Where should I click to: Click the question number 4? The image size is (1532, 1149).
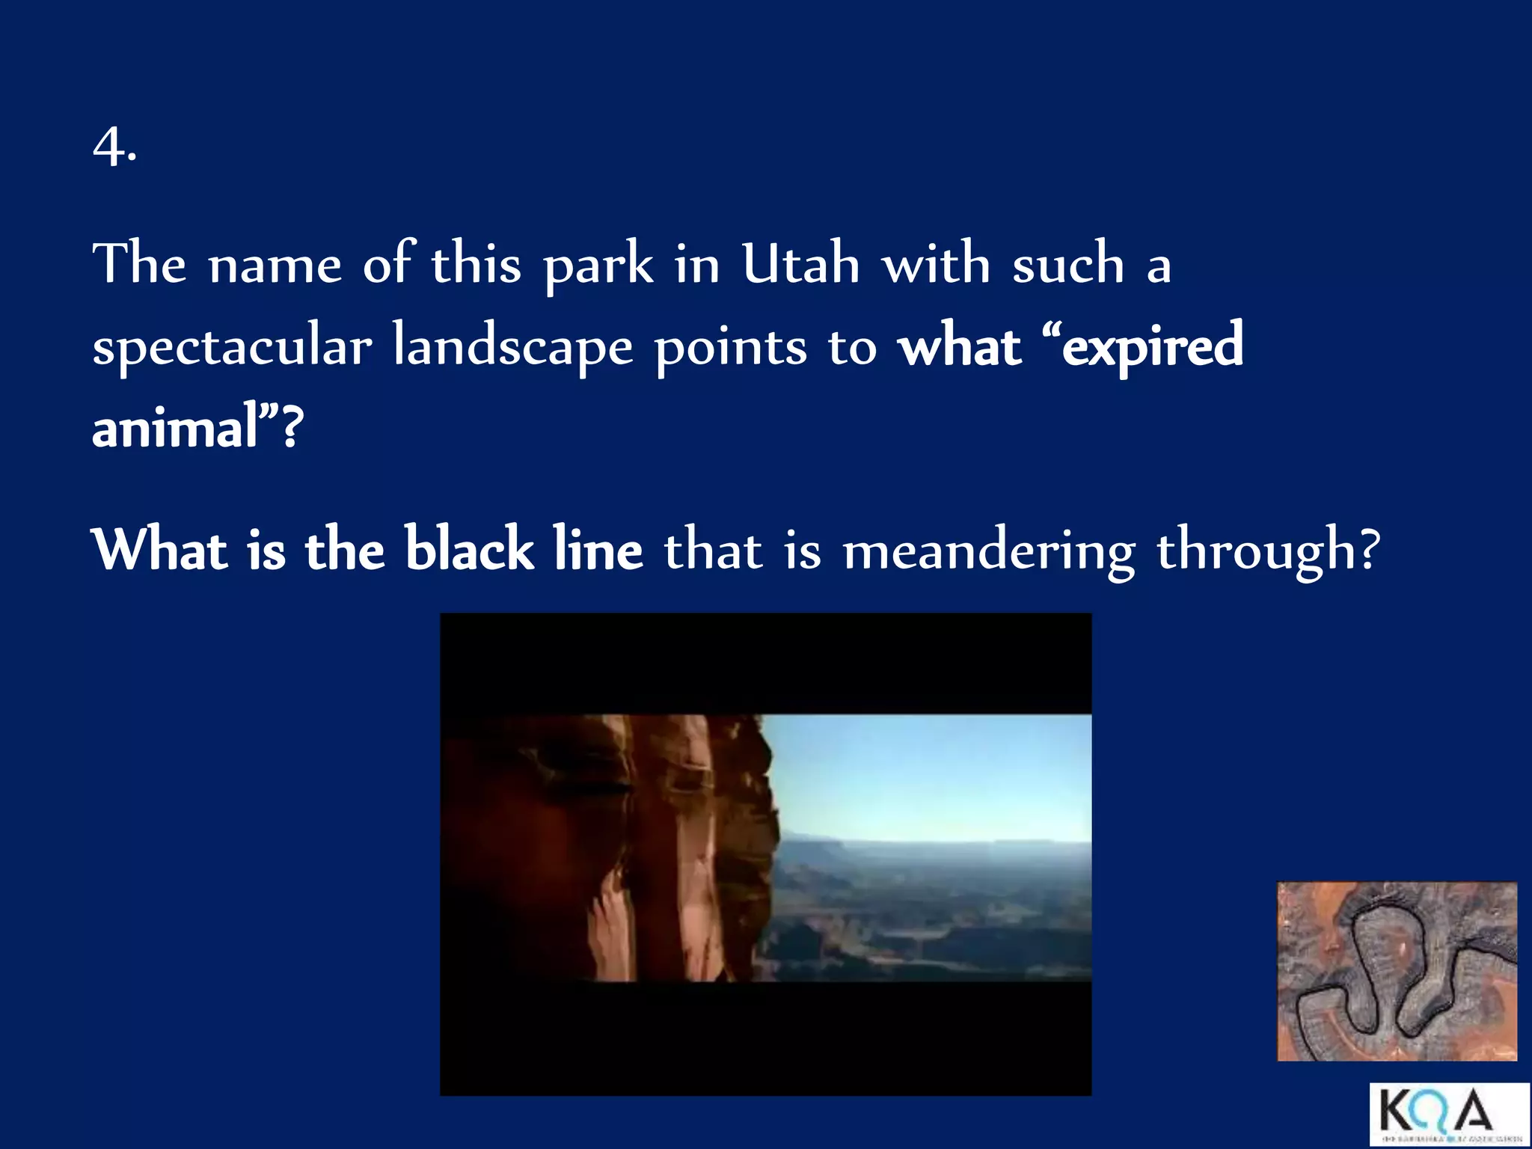(114, 147)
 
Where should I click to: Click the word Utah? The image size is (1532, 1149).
(800, 264)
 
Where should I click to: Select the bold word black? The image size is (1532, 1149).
(469, 549)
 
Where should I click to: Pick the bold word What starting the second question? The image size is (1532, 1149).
(159, 549)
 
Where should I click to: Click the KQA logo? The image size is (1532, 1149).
(1448, 1113)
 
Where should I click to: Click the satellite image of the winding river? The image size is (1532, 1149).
(1397, 971)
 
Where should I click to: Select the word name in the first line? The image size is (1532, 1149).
(275, 266)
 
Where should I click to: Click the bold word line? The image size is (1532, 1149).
(598, 549)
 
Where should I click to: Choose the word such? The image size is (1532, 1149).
(1067, 264)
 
